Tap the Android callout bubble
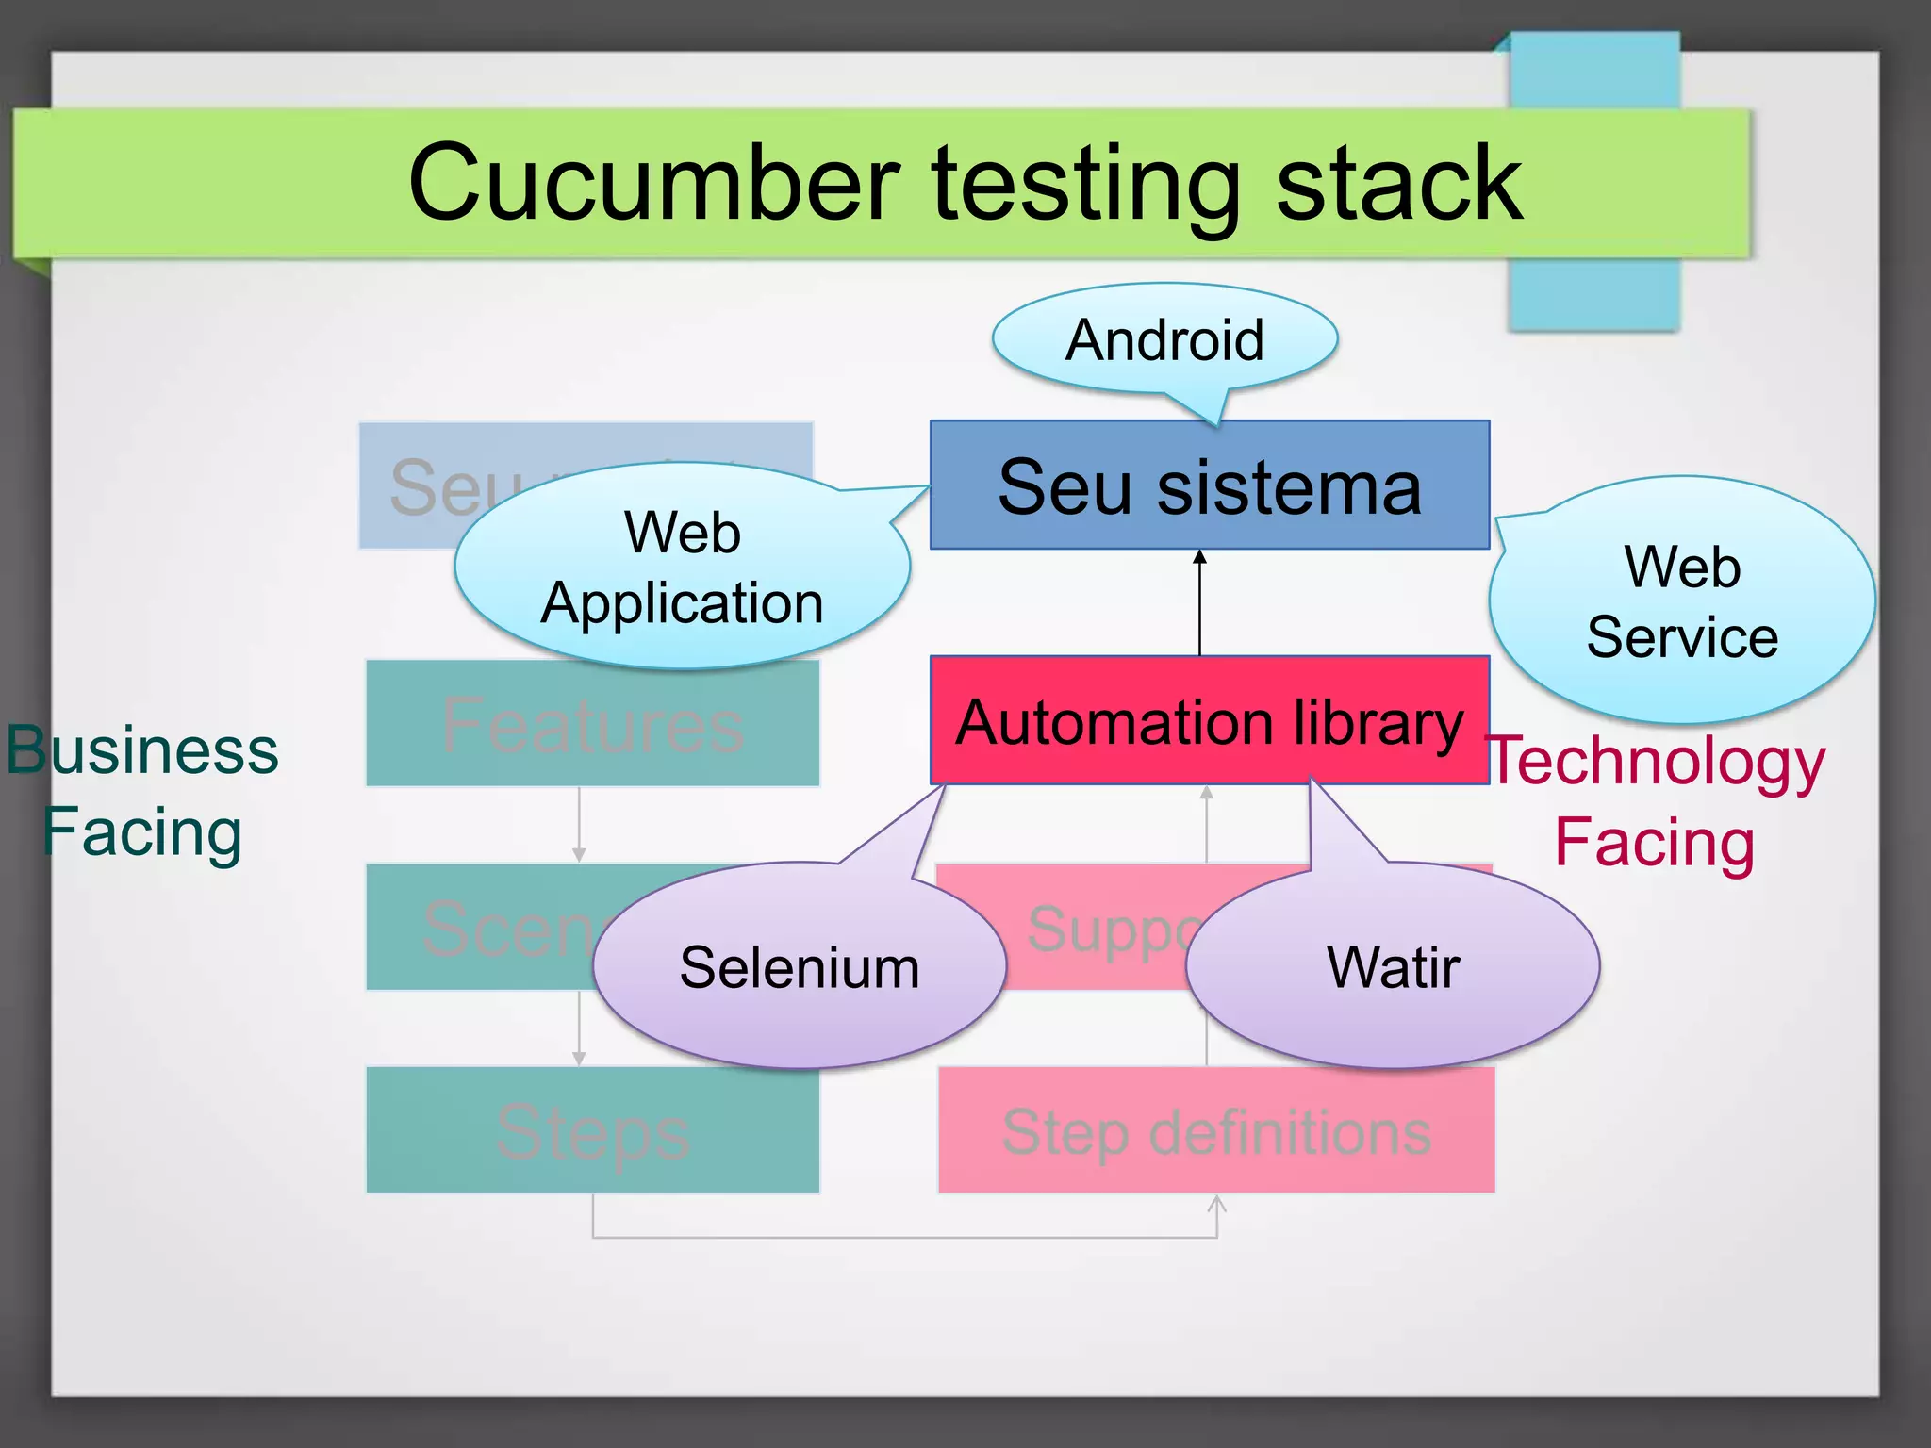coord(1164,339)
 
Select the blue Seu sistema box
coord(1209,486)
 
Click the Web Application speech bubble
coord(682,566)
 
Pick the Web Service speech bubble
coord(1682,601)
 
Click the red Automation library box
coord(1209,721)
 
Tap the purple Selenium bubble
coord(799,967)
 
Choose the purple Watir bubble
coord(1393,967)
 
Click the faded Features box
coord(592,724)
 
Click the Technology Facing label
coord(1656,800)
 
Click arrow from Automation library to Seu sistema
coord(1199,603)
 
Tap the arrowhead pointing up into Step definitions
coord(1217,1206)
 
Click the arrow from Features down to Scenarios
coord(579,825)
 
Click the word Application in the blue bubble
coord(682,602)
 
